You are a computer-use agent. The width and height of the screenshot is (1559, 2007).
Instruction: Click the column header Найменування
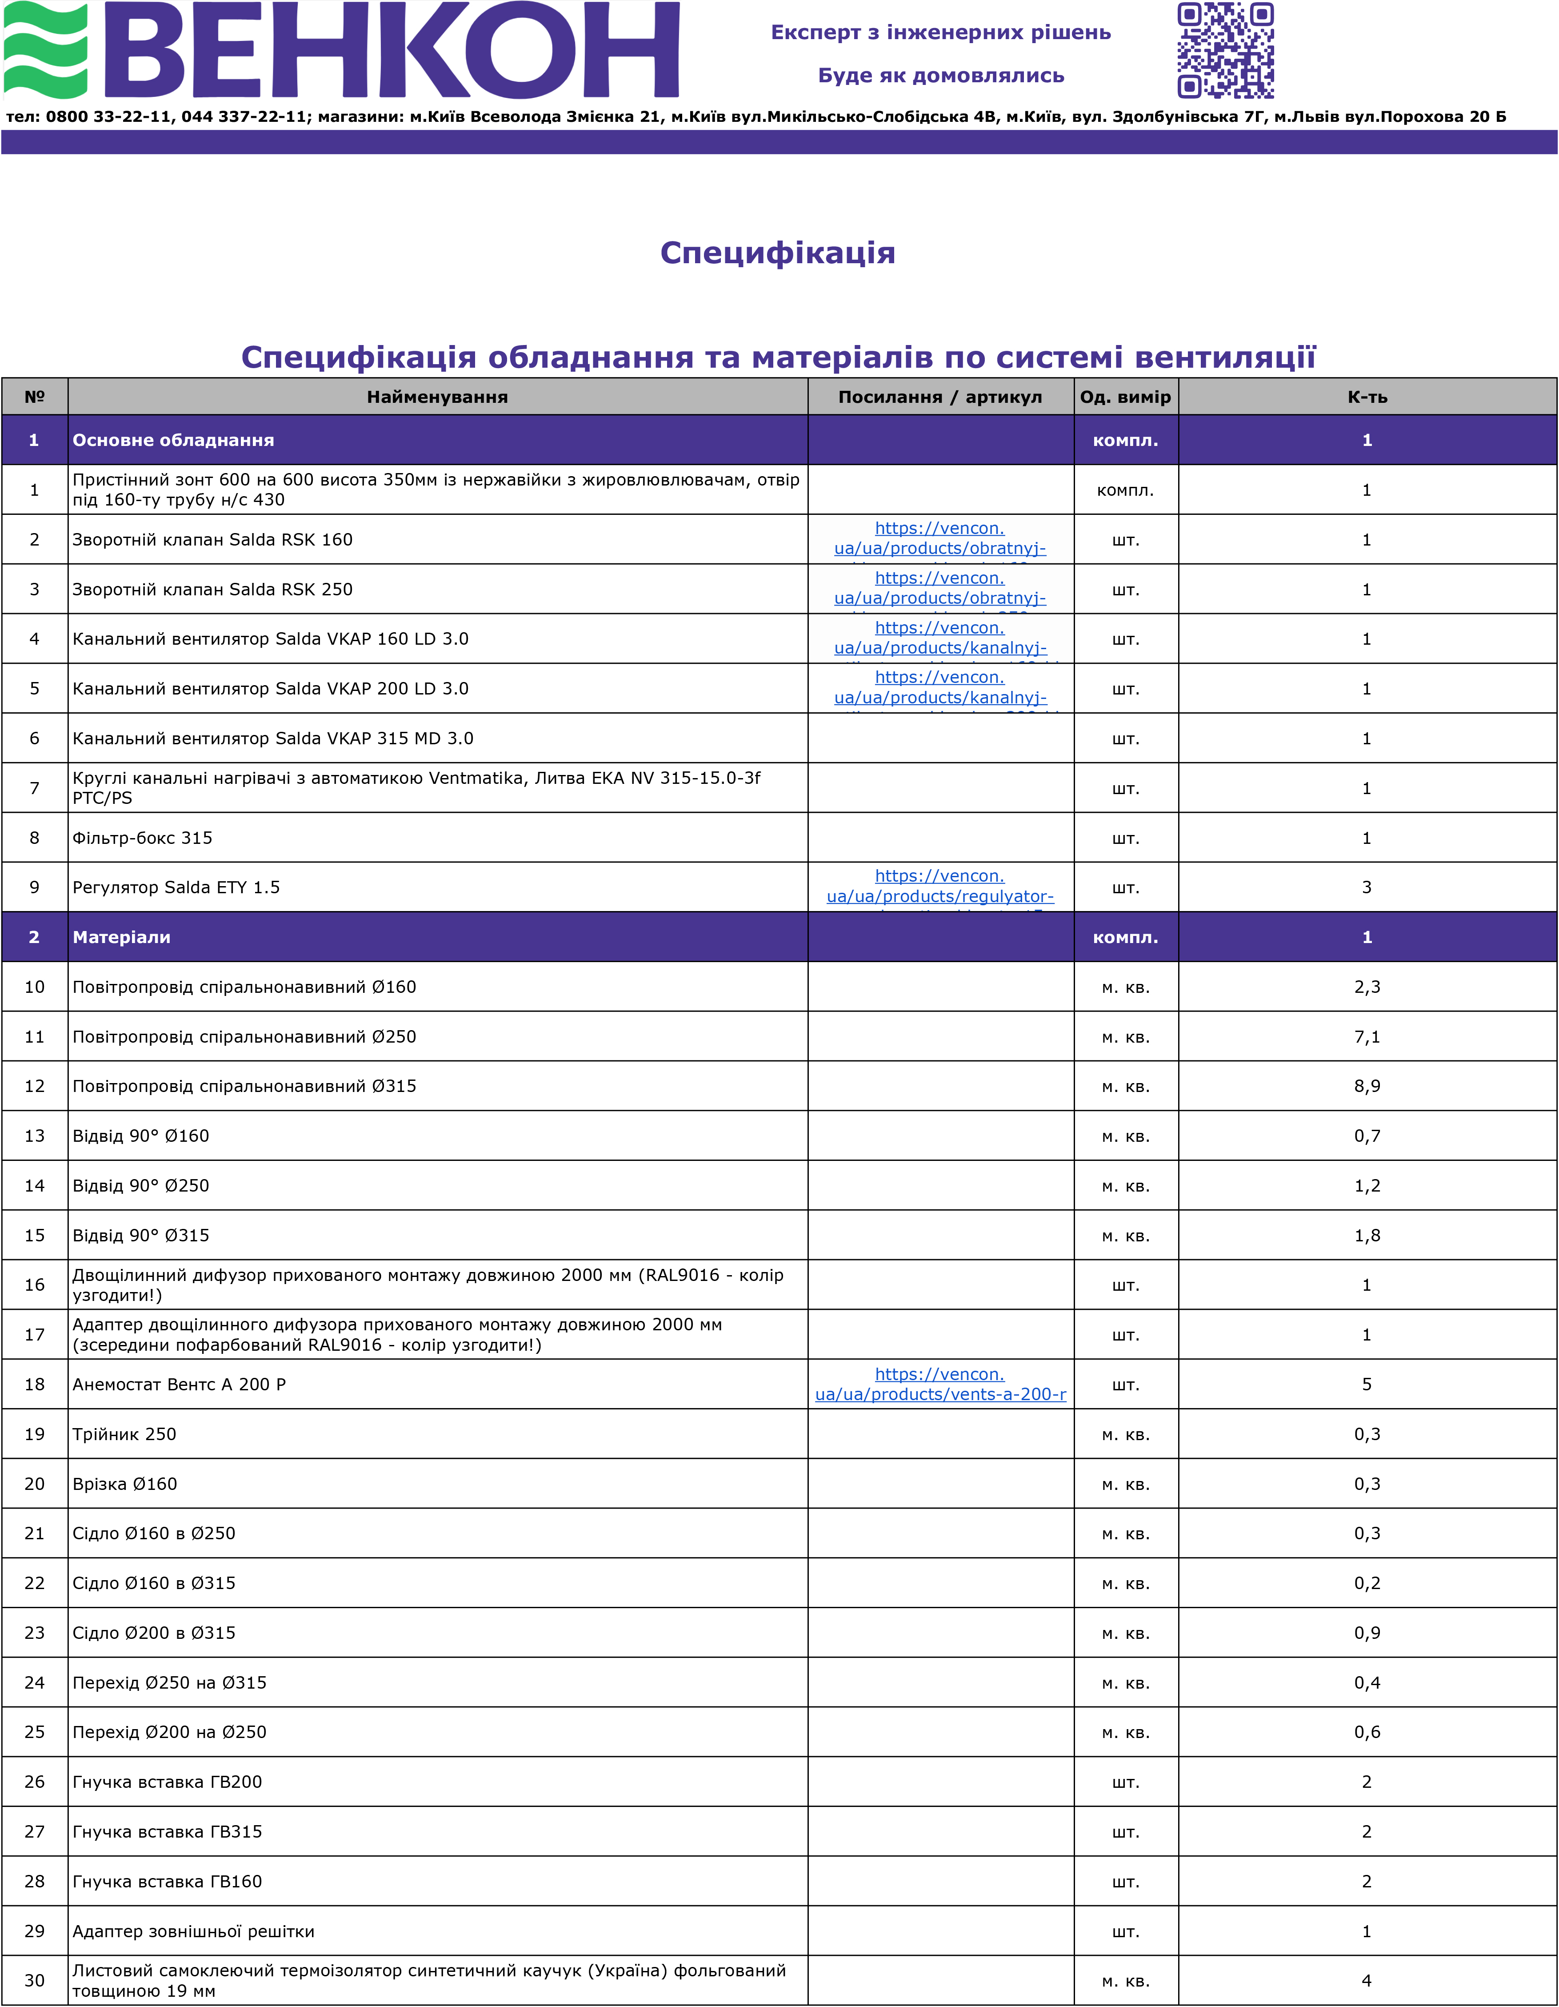click(437, 397)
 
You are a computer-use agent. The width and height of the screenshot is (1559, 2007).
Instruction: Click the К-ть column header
click(1367, 397)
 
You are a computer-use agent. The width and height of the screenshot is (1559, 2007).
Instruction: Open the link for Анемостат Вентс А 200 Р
click(940, 1385)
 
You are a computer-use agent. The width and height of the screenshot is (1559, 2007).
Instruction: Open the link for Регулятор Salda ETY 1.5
click(940, 887)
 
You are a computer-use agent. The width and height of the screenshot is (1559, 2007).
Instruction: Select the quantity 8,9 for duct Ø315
click(1367, 1086)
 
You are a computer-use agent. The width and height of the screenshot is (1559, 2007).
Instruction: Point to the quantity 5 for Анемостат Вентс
click(1367, 1385)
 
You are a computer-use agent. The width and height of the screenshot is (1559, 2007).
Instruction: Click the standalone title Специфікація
click(777, 253)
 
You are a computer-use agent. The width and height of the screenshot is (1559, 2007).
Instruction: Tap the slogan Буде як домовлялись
click(941, 75)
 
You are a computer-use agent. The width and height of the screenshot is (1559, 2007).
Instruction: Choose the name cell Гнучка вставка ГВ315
click(167, 1831)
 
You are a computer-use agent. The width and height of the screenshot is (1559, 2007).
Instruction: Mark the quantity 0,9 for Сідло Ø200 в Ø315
click(1367, 1633)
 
